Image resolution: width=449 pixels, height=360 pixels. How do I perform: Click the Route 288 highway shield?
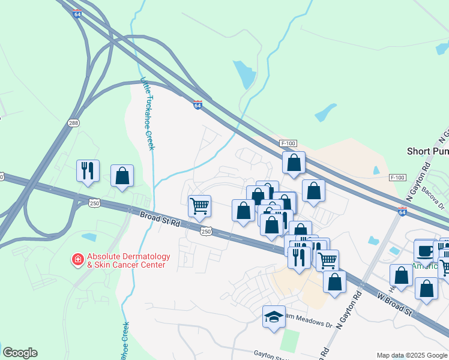tap(73, 123)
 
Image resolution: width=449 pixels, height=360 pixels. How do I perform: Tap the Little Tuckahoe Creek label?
tap(147, 113)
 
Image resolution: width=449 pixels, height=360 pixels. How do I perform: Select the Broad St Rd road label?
tap(160, 218)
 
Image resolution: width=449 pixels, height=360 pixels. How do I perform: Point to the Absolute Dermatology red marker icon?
tap(77, 260)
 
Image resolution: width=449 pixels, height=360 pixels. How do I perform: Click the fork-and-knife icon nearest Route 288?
tap(88, 170)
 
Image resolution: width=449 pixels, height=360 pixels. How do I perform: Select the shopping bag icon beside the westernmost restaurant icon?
tap(122, 175)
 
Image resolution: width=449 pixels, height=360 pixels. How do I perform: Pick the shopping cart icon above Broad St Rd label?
tap(199, 206)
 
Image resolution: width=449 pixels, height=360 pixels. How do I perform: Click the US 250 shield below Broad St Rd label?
tap(206, 231)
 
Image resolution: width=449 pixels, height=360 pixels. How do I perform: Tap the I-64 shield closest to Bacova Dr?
tap(402, 211)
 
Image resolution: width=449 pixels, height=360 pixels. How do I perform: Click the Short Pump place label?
tap(427, 151)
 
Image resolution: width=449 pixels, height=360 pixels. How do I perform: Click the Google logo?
tap(20, 353)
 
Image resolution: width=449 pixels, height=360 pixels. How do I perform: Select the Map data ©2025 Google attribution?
tap(411, 355)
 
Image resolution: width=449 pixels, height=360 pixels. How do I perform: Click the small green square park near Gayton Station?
tap(289, 341)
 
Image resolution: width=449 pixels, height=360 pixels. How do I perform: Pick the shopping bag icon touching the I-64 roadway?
tap(294, 163)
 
